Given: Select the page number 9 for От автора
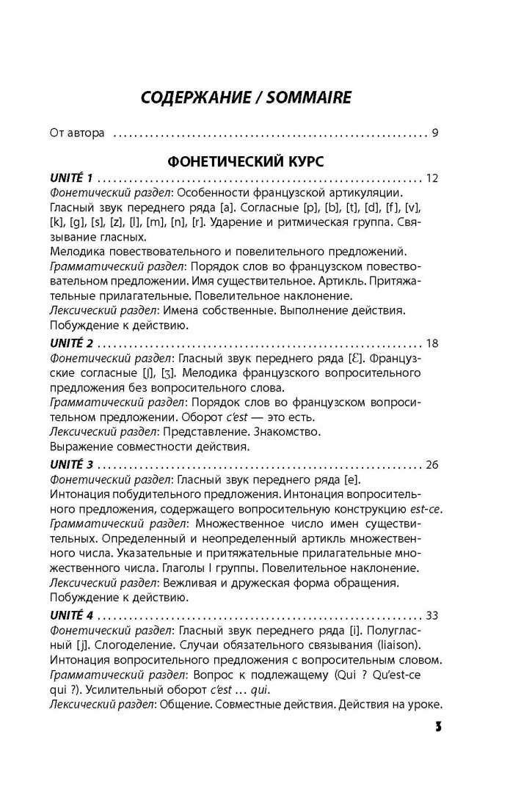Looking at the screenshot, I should point(435,133).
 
